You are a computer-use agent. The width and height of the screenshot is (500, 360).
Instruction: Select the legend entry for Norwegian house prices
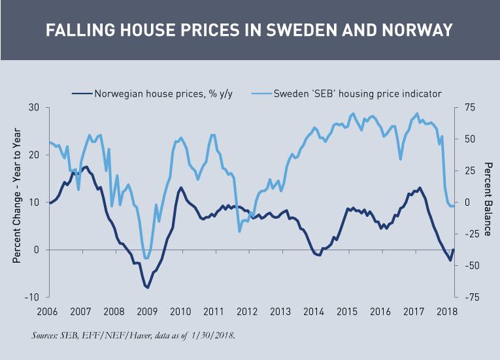(x=163, y=93)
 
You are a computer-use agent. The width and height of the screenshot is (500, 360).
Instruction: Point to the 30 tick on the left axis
(x=33, y=108)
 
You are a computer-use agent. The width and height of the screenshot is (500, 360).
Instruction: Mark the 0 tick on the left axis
(x=37, y=250)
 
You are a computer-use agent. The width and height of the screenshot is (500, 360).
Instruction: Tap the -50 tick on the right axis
(x=468, y=265)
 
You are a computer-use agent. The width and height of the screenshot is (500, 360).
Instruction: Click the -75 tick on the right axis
(x=468, y=297)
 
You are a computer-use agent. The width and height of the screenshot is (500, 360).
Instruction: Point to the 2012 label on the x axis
(x=247, y=311)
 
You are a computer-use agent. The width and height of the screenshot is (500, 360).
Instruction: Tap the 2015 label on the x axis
(x=346, y=311)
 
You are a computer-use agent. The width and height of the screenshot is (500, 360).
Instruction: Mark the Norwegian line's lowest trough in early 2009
(x=148, y=287)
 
